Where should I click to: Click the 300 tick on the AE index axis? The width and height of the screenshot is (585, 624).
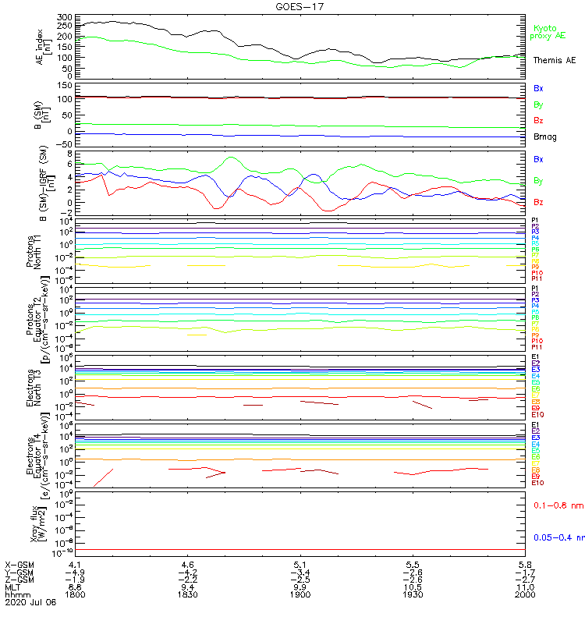pos(64,16)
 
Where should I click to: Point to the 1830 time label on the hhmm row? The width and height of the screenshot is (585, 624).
pos(187,594)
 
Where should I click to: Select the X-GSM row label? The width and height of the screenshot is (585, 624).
pos(20,563)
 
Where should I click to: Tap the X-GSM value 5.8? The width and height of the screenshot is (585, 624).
pos(525,563)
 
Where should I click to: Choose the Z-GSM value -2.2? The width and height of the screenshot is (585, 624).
pos(187,579)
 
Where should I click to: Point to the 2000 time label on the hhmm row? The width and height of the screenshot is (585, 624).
pos(525,594)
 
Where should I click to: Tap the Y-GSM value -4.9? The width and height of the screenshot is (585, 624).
pos(75,571)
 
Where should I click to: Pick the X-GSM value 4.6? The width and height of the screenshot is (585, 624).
pos(187,563)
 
